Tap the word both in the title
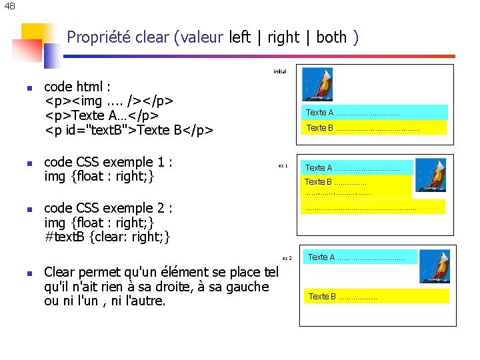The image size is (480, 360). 331,37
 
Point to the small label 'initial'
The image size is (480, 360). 279,71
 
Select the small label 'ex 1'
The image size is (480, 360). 283,165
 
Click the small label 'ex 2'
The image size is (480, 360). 287,257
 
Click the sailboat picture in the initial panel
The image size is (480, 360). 317,85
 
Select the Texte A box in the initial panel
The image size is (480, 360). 375,112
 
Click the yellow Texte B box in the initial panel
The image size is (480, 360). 374,127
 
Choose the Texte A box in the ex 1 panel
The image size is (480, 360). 357,167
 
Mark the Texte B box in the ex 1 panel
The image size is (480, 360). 356,186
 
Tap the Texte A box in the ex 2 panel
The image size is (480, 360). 360,257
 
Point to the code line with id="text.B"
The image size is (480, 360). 129,130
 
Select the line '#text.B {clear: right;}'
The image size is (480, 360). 107,237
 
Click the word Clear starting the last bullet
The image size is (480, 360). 61,272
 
